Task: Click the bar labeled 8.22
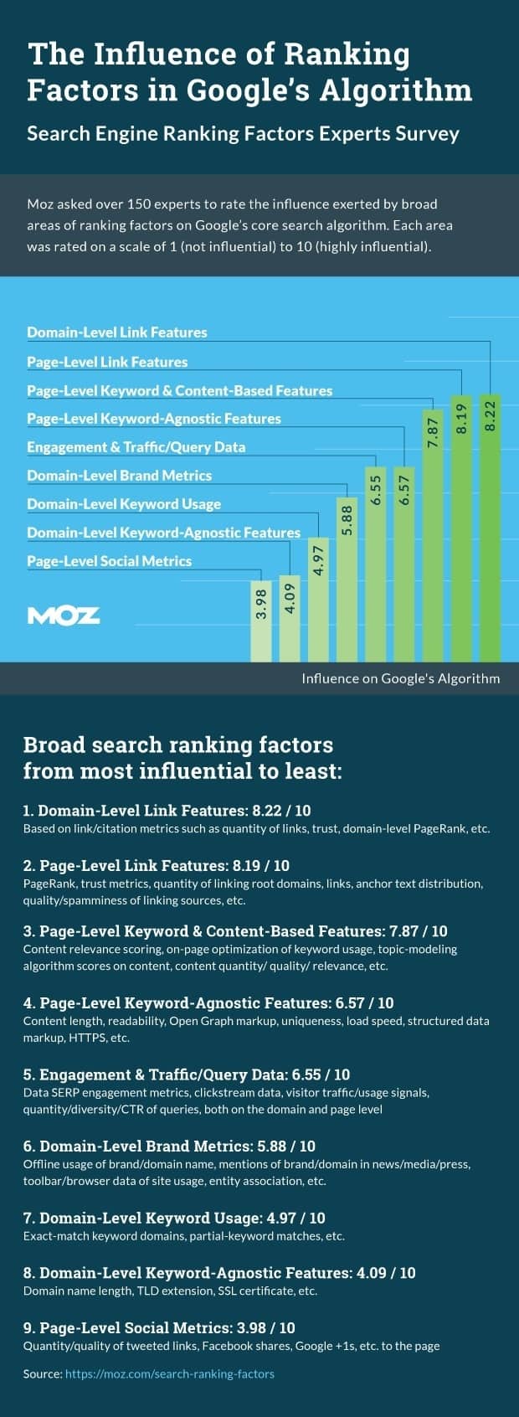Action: [491, 528]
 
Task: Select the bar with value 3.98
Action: [261, 621]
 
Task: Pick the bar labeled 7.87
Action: [433, 535]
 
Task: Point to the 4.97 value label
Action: [318, 559]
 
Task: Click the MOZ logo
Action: [64, 616]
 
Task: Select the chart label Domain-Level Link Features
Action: [117, 332]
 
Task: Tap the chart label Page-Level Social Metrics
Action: [109, 561]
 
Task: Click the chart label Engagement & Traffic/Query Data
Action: [136, 447]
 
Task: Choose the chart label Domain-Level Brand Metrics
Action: [119, 476]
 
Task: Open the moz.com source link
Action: [170, 1374]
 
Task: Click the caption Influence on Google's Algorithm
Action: [400, 678]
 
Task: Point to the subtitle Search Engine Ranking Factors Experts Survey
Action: [243, 134]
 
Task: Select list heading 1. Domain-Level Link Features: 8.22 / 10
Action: [167, 811]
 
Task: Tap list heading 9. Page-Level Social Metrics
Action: [159, 1328]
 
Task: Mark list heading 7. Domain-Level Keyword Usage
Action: [174, 1218]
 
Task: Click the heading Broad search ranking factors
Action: [178, 745]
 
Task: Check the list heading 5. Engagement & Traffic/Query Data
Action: [187, 1074]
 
